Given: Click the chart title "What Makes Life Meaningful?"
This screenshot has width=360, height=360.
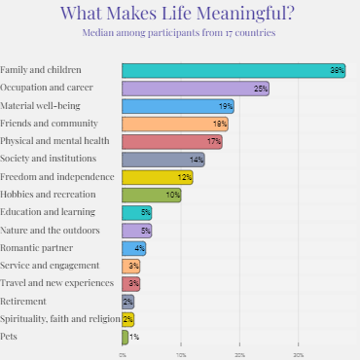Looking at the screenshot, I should [180, 14].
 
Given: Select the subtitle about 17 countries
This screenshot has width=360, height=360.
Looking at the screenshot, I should [180, 33].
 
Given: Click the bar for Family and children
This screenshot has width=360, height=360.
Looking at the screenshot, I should [234, 70].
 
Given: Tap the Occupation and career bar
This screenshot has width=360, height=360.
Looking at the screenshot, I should [195, 89].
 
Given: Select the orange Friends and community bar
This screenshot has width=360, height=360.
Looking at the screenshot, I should [174, 124].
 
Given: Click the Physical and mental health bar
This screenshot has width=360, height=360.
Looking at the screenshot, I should [171, 141].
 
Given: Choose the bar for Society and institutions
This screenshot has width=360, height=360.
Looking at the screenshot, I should [162, 159].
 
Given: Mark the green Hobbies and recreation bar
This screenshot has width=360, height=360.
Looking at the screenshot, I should [151, 195].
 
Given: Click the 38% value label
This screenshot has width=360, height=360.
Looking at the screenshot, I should [337, 71].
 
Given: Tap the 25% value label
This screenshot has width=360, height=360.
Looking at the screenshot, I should [260, 89].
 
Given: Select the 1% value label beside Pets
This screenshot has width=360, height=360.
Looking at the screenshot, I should [134, 337].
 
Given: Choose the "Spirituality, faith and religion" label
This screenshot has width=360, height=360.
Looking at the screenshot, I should [59, 318].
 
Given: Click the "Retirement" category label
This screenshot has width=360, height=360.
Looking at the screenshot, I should [23, 301].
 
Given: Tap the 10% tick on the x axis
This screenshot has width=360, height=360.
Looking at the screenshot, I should [181, 355].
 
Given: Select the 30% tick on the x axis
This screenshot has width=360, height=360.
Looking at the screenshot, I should [299, 355].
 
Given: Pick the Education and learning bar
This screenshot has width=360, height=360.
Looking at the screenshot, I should [136, 212].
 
